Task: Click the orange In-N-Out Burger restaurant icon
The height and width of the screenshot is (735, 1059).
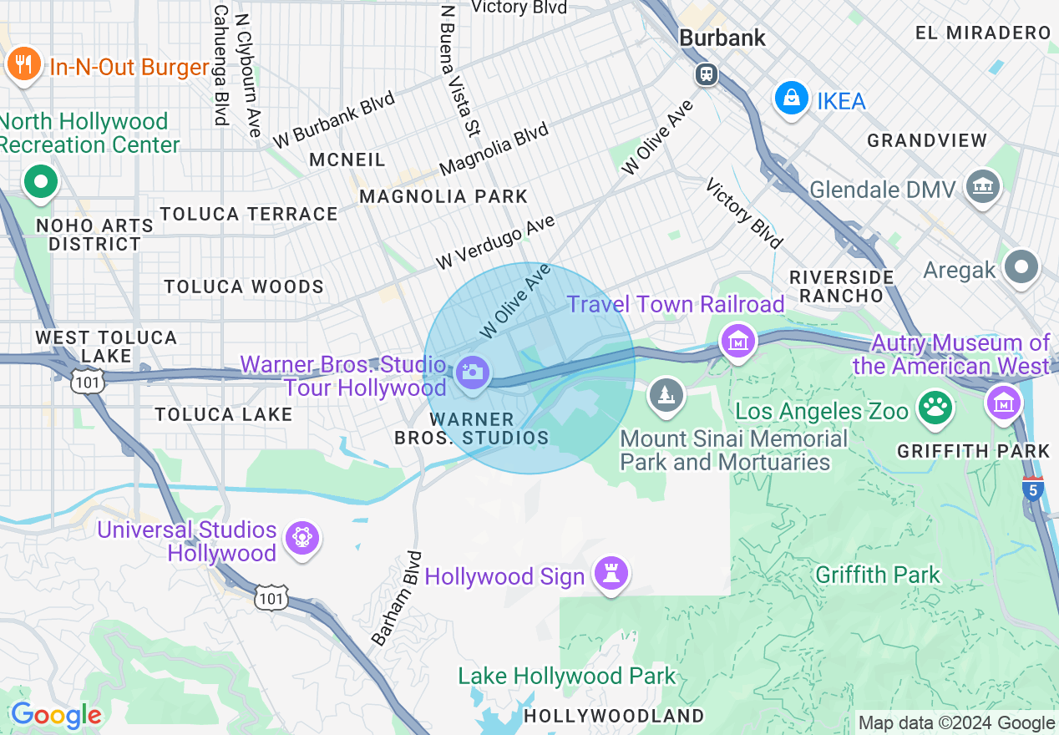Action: [23, 64]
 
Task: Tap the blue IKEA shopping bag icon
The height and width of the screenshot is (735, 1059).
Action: [790, 99]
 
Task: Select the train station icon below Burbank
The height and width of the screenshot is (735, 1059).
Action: [707, 74]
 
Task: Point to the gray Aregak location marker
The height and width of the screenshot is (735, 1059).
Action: [1022, 267]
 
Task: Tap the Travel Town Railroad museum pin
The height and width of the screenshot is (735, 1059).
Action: [739, 341]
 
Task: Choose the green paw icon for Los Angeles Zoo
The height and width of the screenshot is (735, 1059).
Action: [935, 408]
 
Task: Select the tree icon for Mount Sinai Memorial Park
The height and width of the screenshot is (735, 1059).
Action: [666, 395]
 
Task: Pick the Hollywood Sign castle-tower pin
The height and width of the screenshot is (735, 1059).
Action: [611, 574]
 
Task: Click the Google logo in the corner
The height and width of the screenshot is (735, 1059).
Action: [56, 715]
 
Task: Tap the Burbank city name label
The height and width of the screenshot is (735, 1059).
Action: [722, 38]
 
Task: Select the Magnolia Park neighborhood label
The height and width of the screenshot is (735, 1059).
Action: [443, 196]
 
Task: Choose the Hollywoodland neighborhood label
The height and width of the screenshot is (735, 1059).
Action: [614, 716]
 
